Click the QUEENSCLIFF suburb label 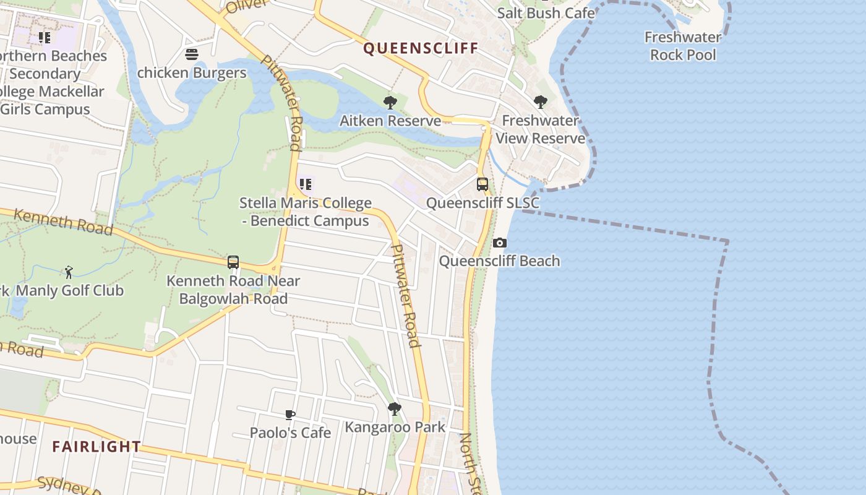[x=421, y=48]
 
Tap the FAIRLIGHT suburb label [x=96, y=446]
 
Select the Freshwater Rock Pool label [x=683, y=46]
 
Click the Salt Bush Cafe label [x=546, y=13]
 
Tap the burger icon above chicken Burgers [x=192, y=54]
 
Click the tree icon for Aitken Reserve [x=390, y=102]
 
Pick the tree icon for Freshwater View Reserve [x=541, y=101]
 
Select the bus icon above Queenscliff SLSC [x=482, y=184]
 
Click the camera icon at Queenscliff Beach [x=500, y=243]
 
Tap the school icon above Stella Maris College [x=306, y=184]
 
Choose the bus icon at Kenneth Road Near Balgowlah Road [x=233, y=262]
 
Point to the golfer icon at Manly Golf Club [x=69, y=272]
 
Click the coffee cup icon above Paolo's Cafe [x=290, y=415]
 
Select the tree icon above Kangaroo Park [x=394, y=409]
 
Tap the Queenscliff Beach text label [x=499, y=261]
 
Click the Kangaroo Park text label [x=395, y=427]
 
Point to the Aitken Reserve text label [x=390, y=121]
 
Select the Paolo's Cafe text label [x=290, y=433]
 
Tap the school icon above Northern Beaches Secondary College [x=45, y=38]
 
